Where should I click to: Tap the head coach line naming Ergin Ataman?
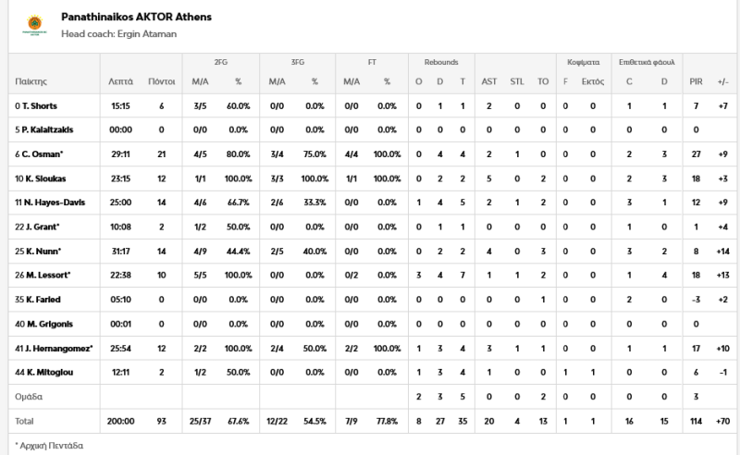118,34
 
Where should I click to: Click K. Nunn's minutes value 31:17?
120,251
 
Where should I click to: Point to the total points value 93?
161,420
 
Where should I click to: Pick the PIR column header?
696,81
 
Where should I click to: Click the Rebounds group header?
441,62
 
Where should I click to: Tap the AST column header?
489,81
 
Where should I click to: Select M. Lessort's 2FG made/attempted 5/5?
200,275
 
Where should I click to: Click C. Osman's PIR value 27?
696,154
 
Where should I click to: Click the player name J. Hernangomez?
51,347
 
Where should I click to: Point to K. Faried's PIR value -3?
696,299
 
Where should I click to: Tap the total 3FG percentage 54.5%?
314,420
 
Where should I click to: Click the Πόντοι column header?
161,81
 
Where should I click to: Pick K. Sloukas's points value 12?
161,178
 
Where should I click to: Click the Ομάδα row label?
30,396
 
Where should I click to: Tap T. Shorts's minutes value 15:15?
120,105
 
